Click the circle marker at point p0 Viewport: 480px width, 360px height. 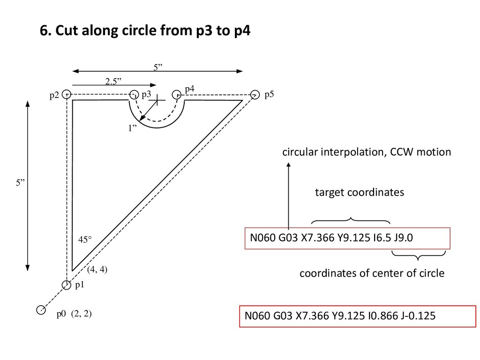[41, 310]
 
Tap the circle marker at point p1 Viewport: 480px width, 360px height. [67, 285]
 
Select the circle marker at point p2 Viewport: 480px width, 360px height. [67, 94]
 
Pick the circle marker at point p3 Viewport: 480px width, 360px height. [134, 94]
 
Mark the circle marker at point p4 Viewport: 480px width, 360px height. [178, 94]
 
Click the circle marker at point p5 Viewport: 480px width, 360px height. [255, 94]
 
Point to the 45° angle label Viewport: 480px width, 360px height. [85, 240]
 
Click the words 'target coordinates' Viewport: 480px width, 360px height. [359, 193]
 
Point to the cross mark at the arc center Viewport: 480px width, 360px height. [158, 100]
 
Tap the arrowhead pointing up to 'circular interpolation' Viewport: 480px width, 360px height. [288, 165]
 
